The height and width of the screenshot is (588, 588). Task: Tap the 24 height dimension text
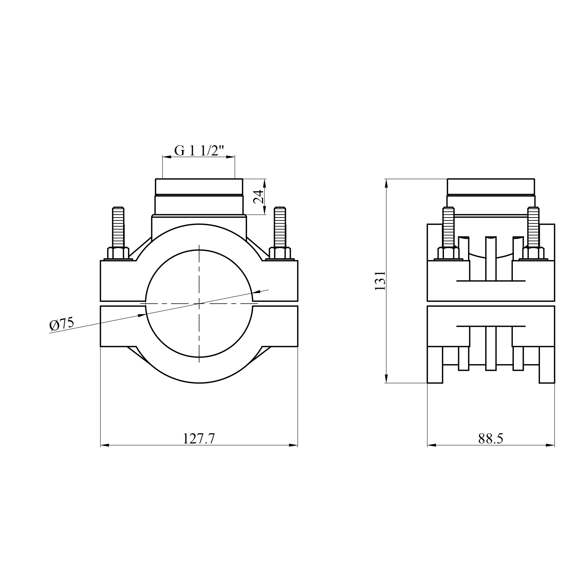pyautogui.click(x=259, y=197)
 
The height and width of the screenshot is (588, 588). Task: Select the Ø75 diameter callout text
pyautogui.click(x=62, y=324)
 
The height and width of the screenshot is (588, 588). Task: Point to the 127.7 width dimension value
pyautogui.click(x=199, y=439)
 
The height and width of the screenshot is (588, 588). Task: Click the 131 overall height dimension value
pyautogui.click(x=380, y=280)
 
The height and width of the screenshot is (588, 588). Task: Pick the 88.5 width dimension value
pyautogui.click(x=491, y=439)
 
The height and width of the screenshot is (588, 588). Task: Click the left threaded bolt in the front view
pyautogui.click(x=118, y=228)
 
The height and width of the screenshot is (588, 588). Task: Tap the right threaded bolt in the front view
pyautogui.click(x=280, y=228)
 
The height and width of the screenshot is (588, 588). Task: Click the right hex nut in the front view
pyautogui.click(x=279, y=254)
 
